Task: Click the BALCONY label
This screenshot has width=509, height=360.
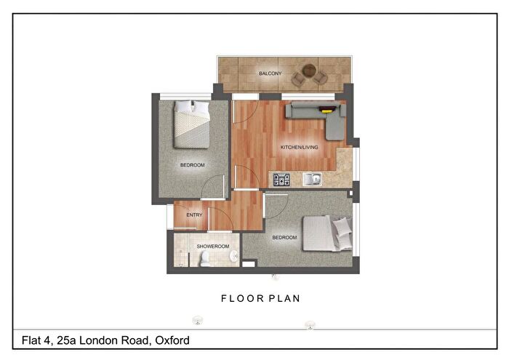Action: coord(270,73)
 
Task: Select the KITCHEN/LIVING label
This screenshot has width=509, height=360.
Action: coord(300,148)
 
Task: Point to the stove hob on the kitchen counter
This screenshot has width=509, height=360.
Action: coord(281,179)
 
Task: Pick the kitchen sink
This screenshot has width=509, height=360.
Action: coord(314,179)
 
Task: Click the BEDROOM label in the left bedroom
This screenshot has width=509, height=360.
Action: coord(193,165)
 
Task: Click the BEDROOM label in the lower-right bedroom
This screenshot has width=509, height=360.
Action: coord(284,238)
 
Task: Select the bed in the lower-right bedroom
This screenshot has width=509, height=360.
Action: coord(326,233)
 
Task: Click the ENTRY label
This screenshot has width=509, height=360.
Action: coord(194,215)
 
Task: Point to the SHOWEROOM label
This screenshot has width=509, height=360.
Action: coord(213,247)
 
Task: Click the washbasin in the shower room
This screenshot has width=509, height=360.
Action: coord(234,256)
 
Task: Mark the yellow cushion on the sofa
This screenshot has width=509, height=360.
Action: coord(329,111)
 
